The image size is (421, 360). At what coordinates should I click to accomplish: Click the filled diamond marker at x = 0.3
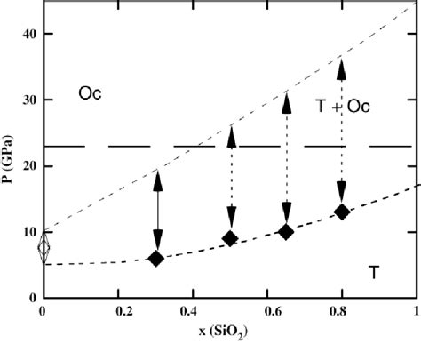click(156, 259)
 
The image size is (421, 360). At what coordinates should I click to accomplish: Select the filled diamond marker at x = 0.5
click(231, 238)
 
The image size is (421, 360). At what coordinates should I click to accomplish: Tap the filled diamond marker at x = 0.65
click(286, 232)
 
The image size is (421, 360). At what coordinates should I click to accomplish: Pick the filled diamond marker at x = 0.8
click(342, 212)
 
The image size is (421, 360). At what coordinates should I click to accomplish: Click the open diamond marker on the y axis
click(44, 248)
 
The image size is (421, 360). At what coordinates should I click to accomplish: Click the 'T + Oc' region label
click(343, 106)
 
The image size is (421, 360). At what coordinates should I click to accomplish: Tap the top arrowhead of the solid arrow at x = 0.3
click(156, 178)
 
